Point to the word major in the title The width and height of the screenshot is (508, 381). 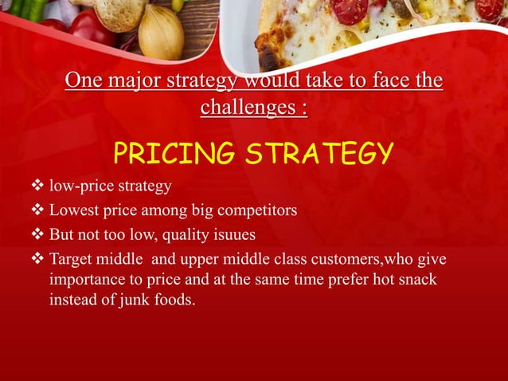pos(131,82)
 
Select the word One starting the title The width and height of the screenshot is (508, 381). pos(84,82)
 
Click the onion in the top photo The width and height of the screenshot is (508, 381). pos(162,33)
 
